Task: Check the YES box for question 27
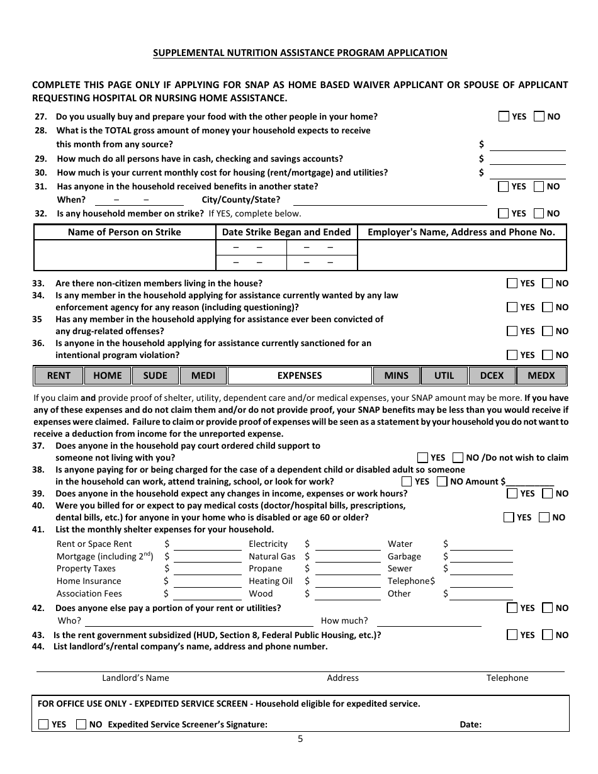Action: [x=504, y=116]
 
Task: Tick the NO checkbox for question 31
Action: [x=539, y=186]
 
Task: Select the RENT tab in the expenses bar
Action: [x=59, y=376]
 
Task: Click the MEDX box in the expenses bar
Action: [x=541, y=376]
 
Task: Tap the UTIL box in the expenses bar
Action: [x=444, y=376]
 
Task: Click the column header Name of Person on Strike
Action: [x=124, y=232]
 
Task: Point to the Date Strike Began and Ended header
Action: [x=286, y=232]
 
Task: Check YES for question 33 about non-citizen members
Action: [x=512, y=283]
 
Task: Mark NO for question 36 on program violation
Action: [x=548, y=355]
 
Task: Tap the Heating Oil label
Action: [x=271, y=581]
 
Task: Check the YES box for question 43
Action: [x=512, y=635]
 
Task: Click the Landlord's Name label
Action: [x=135, y=678]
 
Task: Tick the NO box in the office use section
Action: [x=81, y=724]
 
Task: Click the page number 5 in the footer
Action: [x=300, y=739]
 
